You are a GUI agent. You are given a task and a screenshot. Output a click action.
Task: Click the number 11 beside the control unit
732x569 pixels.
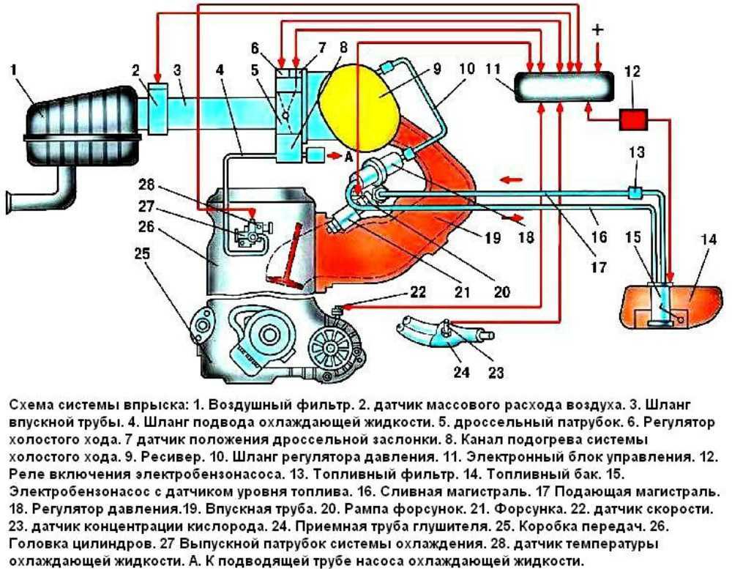493,72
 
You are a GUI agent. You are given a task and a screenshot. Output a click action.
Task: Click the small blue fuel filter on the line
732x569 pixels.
634,193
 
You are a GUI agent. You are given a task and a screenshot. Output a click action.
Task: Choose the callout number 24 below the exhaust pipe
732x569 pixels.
460,372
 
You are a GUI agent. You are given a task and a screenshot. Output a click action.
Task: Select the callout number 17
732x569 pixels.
599,268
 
